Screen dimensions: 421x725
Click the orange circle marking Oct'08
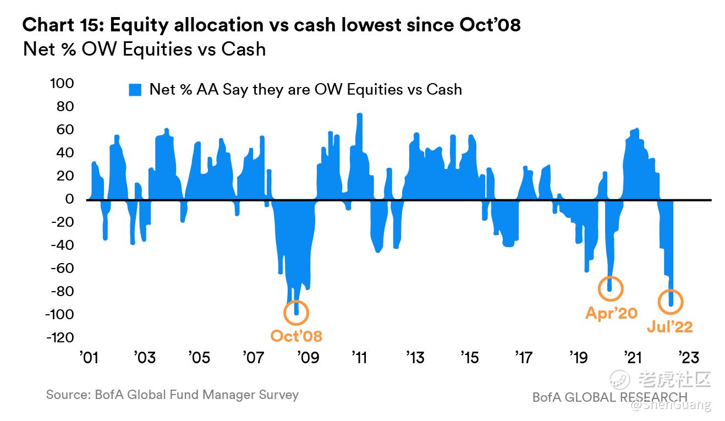(296, 313)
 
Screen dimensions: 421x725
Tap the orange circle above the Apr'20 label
(611, 288)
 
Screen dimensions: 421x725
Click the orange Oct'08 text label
(296, 336)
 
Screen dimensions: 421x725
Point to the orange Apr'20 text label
(611, 313)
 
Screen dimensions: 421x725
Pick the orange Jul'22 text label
(669, 326)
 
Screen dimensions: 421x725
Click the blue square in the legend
(135, 90)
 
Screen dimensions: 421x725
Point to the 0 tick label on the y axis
(70, 199)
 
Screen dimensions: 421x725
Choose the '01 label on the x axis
(89, 358)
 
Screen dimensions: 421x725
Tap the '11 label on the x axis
(360, 358)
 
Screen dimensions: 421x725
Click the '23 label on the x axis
(689, 358)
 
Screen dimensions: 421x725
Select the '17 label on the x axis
(523, 358)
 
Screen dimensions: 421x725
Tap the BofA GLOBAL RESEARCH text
(609, 397)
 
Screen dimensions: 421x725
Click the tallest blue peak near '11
(360, 116)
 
